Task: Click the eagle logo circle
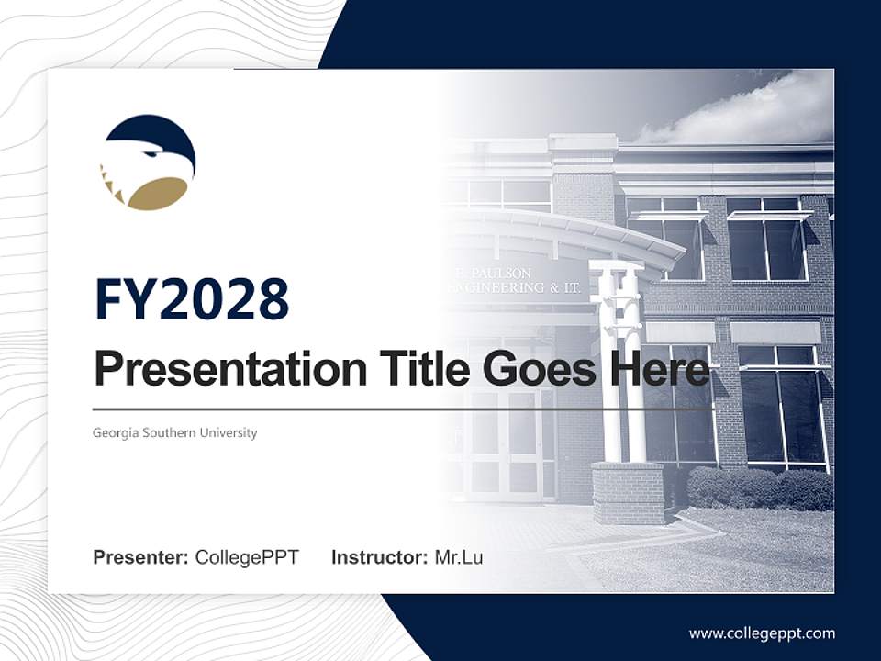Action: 148,162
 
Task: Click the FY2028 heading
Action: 192,300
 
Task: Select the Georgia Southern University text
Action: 174,432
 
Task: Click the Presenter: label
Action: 141,557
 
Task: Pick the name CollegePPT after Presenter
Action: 247,557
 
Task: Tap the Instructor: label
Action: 379,557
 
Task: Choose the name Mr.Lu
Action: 459,557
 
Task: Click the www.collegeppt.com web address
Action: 762,633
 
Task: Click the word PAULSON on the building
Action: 499,274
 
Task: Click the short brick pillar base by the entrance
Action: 628,492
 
